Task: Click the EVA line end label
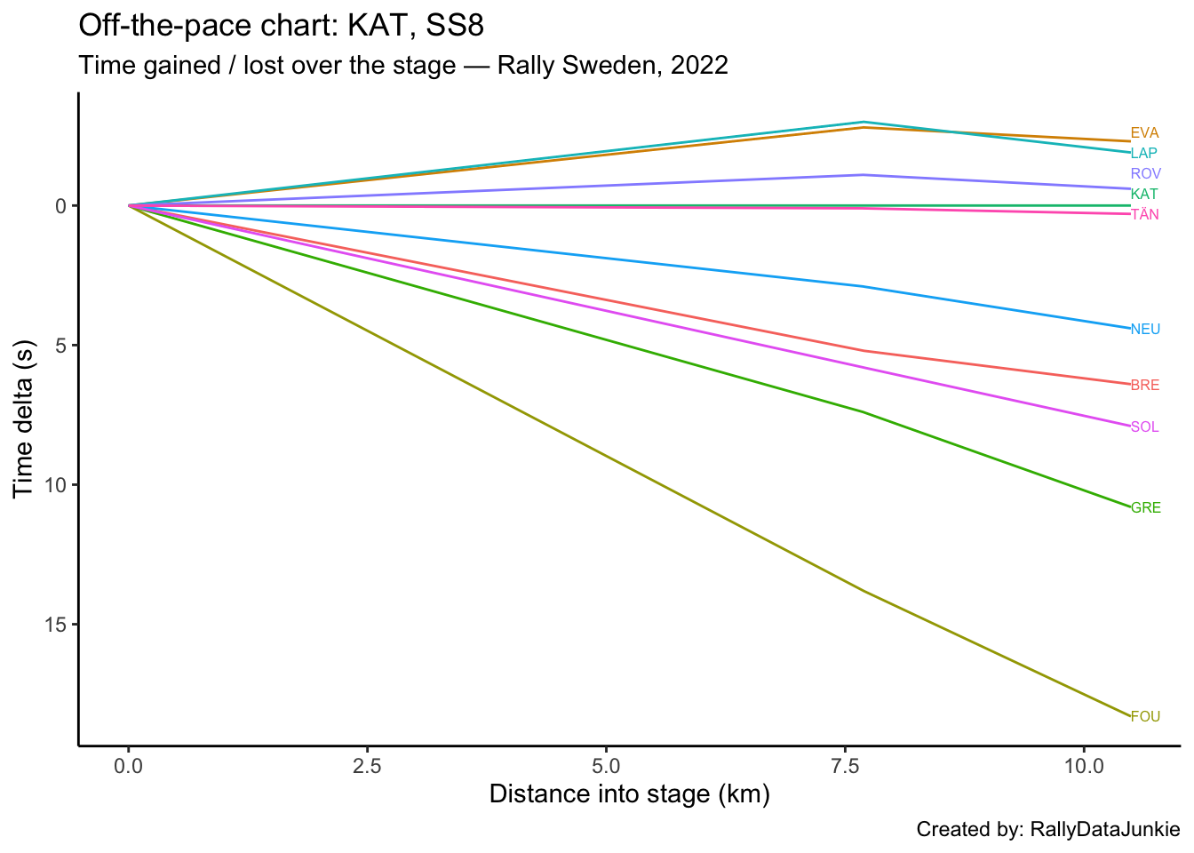[x=1144, y=133]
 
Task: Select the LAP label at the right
[x=1143, y=154]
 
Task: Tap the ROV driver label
[x=1145, y=173]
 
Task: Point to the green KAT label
[x=1144, y=194]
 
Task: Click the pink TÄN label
[x=1144, y=214]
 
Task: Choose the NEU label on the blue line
[x=1145, y=330]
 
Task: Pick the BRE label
[x=1144, y=386]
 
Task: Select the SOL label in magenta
[x=1144, y=427]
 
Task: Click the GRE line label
[x=1145, y=508]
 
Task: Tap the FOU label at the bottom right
[x=1145, y=717]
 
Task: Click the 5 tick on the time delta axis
[x=60, y=345]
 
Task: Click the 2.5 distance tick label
[x=367, y=765]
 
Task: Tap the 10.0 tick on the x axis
[x=1083, y=765]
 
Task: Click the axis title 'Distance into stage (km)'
[x=629, y=794]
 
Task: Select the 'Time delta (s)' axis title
[x=24, y=419]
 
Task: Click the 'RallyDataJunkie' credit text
[x=1104, y=830]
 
